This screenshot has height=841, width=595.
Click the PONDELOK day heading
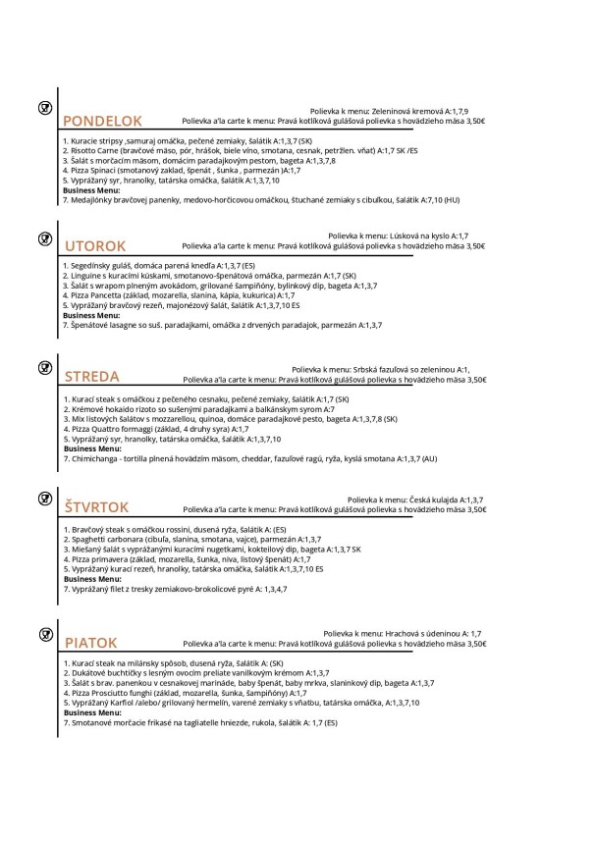(102, 122)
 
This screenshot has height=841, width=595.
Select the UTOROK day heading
(95, 246)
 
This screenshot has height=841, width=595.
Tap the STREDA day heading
(91, 377)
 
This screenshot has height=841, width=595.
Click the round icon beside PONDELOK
(44, 106)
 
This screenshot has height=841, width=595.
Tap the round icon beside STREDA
(44, 367)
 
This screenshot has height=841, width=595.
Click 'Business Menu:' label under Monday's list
(89, 190)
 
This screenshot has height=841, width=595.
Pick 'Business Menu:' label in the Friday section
(89, 712)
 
